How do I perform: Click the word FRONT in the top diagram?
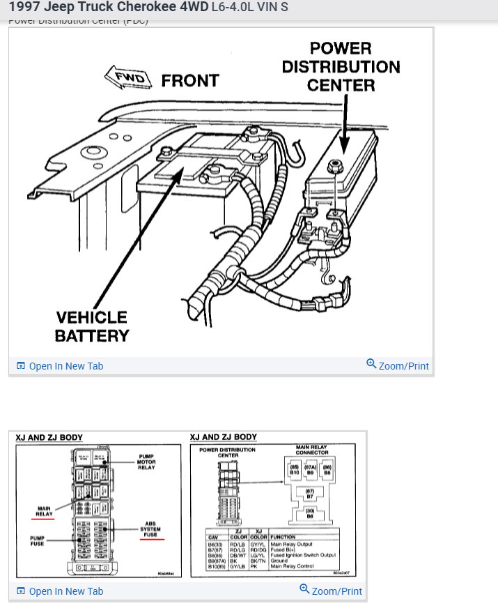[190, 81]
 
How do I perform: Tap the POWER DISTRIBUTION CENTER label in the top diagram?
[341, 67]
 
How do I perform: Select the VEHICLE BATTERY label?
[92, 326]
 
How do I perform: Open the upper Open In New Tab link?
[65, 366]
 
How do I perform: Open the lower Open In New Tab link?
[65, 591]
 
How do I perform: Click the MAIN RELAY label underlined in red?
[44, 511]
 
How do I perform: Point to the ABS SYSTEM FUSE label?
[150, 529]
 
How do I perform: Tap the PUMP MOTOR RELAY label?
[146, 462]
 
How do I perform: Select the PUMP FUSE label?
[38, 541]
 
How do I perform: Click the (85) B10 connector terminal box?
[295, 469]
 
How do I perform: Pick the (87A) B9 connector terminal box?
[311, 469]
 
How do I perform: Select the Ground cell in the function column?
[279, 560]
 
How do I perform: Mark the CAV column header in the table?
[213, 537]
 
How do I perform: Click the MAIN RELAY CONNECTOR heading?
[311, 450]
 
